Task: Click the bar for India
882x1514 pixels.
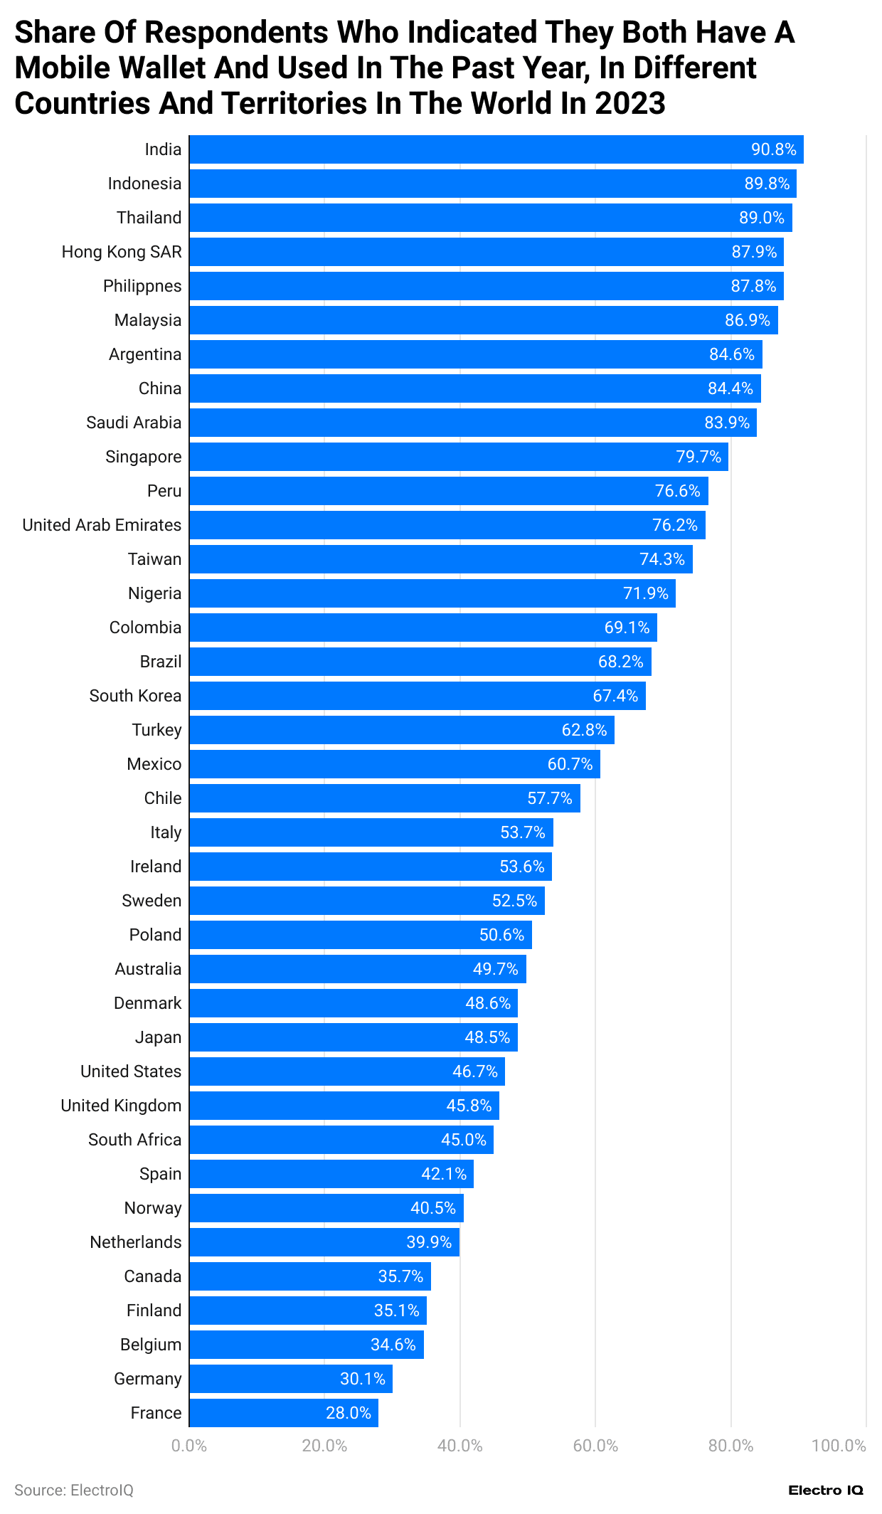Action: click(496, 149)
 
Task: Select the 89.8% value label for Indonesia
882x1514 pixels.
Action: click(767, 184)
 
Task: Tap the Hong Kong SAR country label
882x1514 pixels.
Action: click(122, 252)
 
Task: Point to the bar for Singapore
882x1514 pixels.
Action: click(458, 457)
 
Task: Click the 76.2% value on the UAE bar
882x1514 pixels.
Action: click(674, 525)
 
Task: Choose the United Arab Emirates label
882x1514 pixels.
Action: click(102, 525)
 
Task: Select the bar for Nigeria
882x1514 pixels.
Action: click(432, 593)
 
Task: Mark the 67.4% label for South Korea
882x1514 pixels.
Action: click(615, 696)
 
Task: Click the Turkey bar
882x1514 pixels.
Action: click(401, 730)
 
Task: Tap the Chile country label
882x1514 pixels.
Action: click(163, 798)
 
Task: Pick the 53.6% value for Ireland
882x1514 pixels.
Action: click(522, 867)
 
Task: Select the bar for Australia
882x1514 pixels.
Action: click(357, 969)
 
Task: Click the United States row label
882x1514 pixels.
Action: click(131, 1071)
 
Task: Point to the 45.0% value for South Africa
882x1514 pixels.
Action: click(464, 1140)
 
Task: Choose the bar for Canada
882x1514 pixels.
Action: click(309, 1276)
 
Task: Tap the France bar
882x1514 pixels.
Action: click(283, 1413)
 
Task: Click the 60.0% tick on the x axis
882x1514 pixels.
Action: click(595, 1446)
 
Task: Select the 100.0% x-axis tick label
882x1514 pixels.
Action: click(839, 1446)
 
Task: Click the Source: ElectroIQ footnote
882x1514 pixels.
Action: click(74, 1491)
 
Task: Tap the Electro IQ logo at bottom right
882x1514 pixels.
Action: click(825, 1491)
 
